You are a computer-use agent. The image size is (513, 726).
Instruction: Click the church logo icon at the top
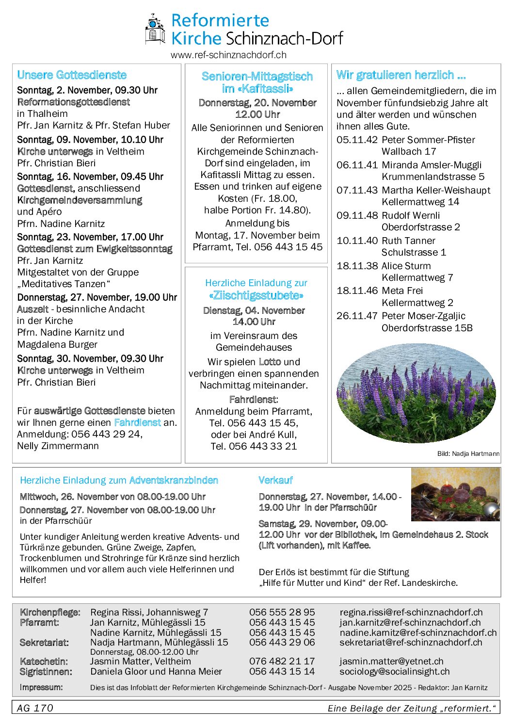point(155,30)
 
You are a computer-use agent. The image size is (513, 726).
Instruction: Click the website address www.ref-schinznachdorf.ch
point(228,55)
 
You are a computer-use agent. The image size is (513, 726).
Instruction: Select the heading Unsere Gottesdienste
point(72,75)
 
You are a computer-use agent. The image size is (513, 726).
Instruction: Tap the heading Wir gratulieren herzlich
point(401,75)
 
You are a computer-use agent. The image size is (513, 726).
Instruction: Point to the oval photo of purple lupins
point(416,393)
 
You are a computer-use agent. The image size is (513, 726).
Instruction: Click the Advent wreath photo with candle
point(455,495)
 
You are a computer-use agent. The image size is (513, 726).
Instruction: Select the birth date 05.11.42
point(357,140)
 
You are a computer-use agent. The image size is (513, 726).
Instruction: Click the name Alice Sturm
point(406,266)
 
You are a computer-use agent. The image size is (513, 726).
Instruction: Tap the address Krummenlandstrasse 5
point(433,177)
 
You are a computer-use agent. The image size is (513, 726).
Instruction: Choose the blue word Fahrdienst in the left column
point(137,422)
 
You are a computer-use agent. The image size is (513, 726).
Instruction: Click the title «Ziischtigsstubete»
point(256,296)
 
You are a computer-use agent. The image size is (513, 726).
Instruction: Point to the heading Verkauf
point(275,480)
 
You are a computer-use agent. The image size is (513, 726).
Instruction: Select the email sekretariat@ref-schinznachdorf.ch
point(411,643)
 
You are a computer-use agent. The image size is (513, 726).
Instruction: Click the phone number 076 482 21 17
point(282,661)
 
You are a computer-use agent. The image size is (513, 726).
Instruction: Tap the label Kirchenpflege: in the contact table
point(50,613)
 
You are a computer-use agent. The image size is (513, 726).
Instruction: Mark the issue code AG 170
point(35,708)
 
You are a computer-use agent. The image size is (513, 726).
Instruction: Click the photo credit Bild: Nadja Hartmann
point(468,454)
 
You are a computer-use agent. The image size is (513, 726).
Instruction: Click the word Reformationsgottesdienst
point(74,102)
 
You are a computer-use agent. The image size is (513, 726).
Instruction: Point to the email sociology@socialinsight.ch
point(394,672)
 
